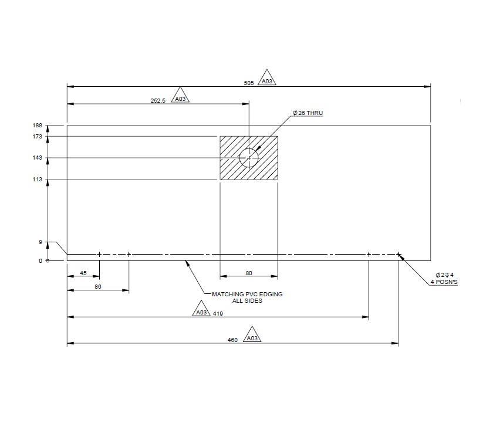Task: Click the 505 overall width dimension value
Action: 248,83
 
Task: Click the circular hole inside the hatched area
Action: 249,158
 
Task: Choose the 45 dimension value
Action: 83,273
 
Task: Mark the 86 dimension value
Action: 98,287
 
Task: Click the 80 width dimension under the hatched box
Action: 249,273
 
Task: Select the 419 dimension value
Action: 218,314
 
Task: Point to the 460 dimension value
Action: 232,340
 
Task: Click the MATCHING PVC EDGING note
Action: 246,294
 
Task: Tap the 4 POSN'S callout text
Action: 444,282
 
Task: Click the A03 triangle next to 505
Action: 267,80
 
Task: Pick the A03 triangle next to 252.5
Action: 181,98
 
